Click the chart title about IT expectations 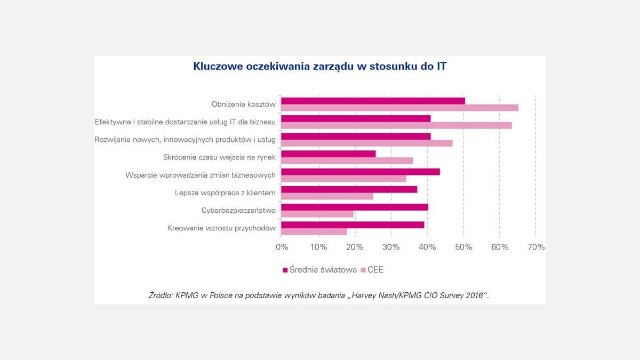(x=320, y=67)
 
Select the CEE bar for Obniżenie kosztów (x=399, y=108)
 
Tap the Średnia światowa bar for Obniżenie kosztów (x=373, y=101)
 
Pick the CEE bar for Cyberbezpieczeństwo (x=317, y=214)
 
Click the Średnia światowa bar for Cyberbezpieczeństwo (x=355, y=207)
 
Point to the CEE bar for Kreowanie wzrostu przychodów (x=314, y=231)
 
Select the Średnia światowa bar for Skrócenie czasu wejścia (x=329, y=154)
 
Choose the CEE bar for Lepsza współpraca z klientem (x=327, y=196)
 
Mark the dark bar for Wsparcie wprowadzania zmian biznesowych (x=361, y=172)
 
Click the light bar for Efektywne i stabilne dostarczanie (x=396, y=125)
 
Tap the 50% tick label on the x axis (x=463, y=247)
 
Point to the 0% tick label (x=282, y=247)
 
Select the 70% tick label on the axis (x=535, y=247)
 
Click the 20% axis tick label (x=355, y=247)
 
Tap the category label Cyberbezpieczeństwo (x=238, y=211)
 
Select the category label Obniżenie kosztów (x=243, y=105)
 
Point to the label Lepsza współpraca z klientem (x=225, y=193)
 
